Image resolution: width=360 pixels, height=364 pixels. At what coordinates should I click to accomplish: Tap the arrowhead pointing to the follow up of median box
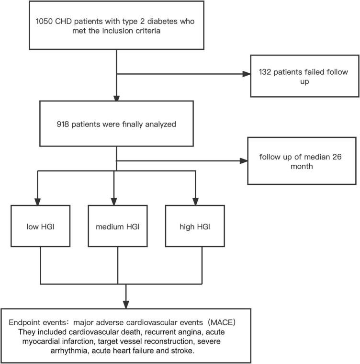pos(241,161)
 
